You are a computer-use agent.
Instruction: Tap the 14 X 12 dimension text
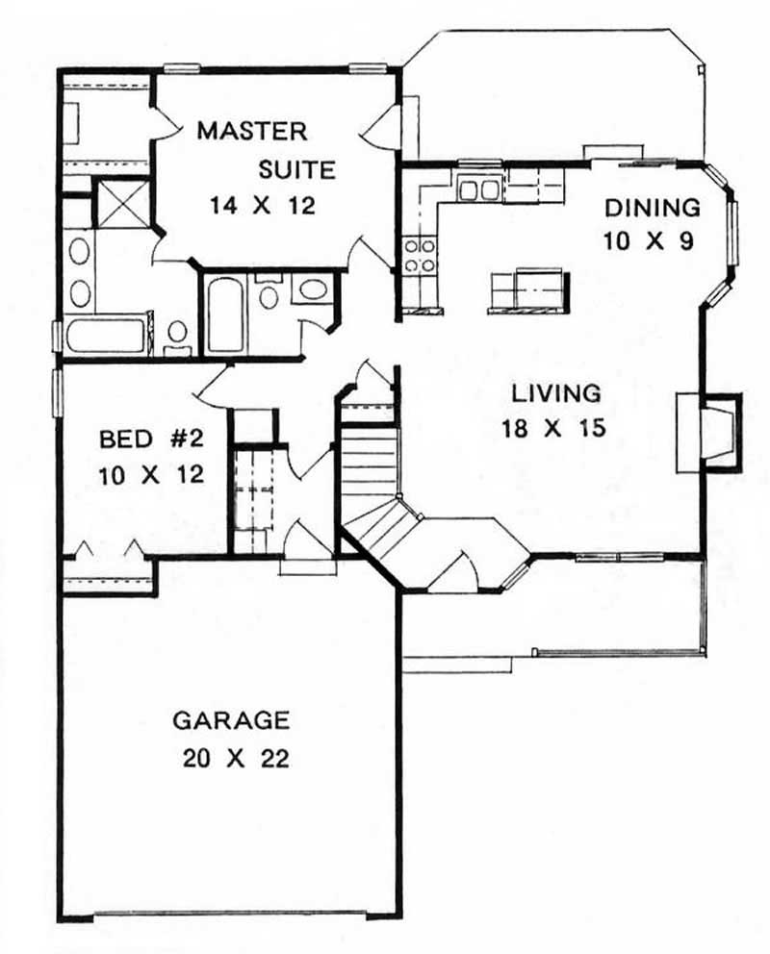(x=263, y=205)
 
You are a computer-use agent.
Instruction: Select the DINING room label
(x=652, y=208)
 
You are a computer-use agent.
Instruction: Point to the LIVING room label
(x=556, y=392)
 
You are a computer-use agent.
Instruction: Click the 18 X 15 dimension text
(x=553, y=428)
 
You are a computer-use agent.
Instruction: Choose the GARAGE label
(x=230, y=719)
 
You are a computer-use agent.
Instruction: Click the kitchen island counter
(x=528, y=291)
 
